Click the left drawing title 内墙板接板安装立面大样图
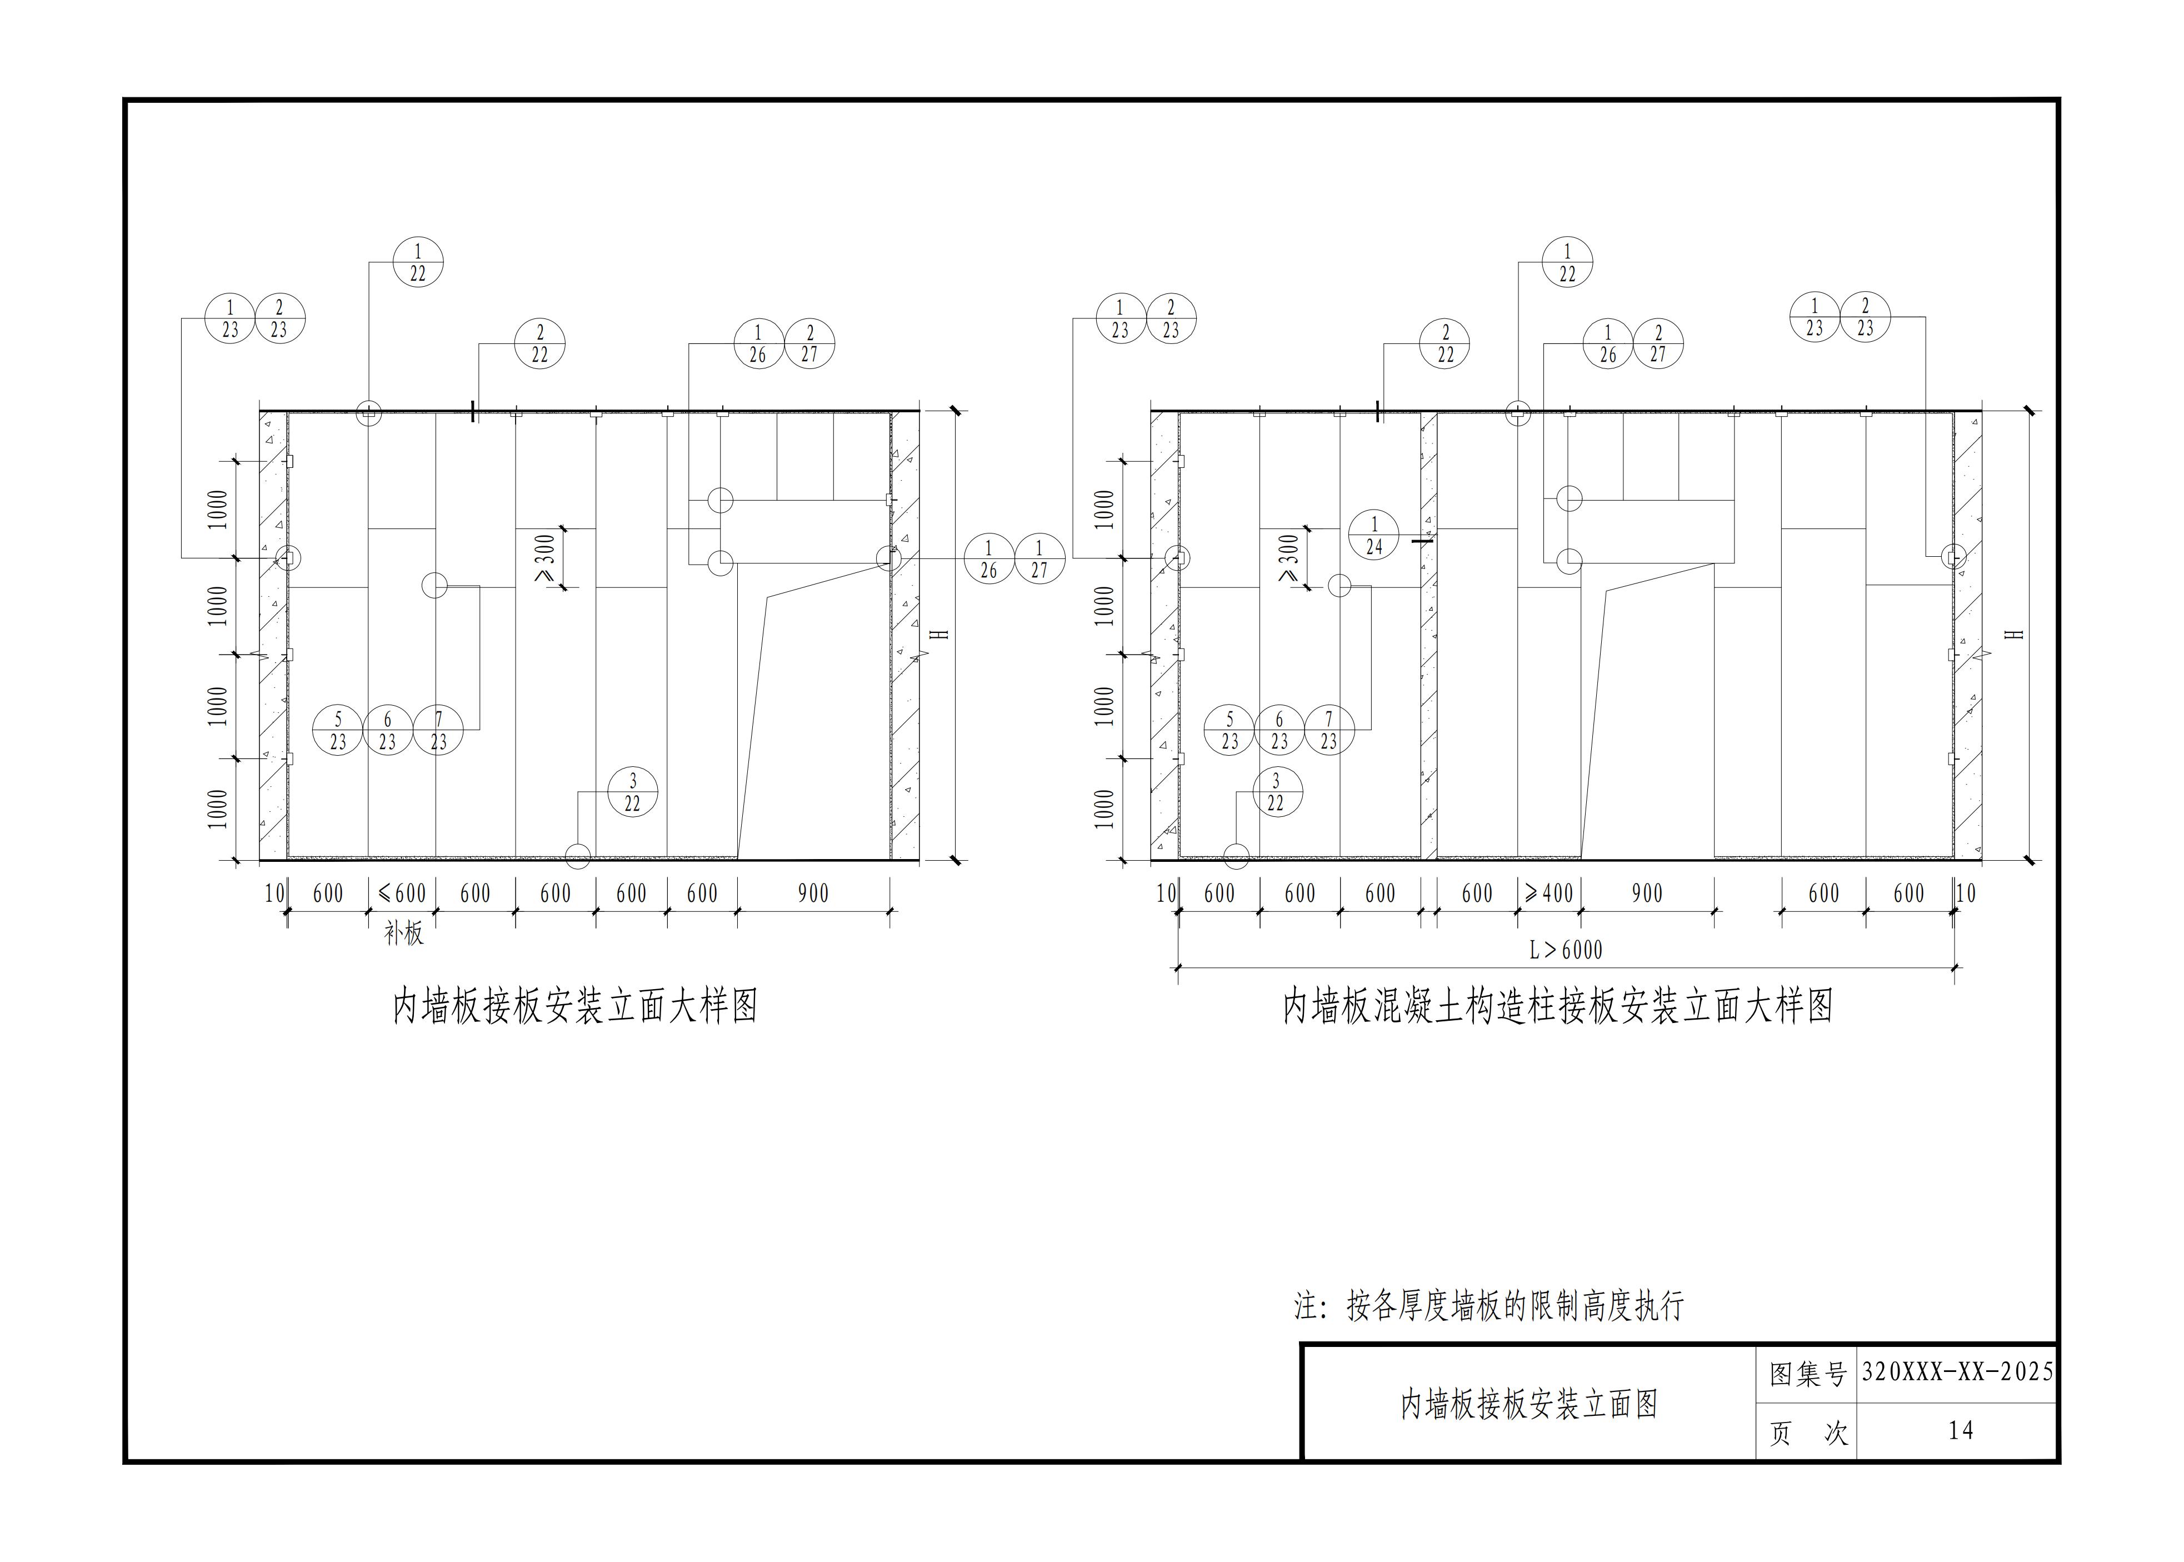coord(575,1006)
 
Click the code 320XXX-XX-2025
coord(1957,1371)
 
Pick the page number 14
coord(1960,1430)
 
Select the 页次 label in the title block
coord(1807,1433)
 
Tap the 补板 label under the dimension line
coord(403,933)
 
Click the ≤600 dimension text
coord(402,894)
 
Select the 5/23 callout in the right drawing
coord(1229,730)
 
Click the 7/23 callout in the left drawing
coord(438,730)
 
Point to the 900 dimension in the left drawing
coord(813,894)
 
